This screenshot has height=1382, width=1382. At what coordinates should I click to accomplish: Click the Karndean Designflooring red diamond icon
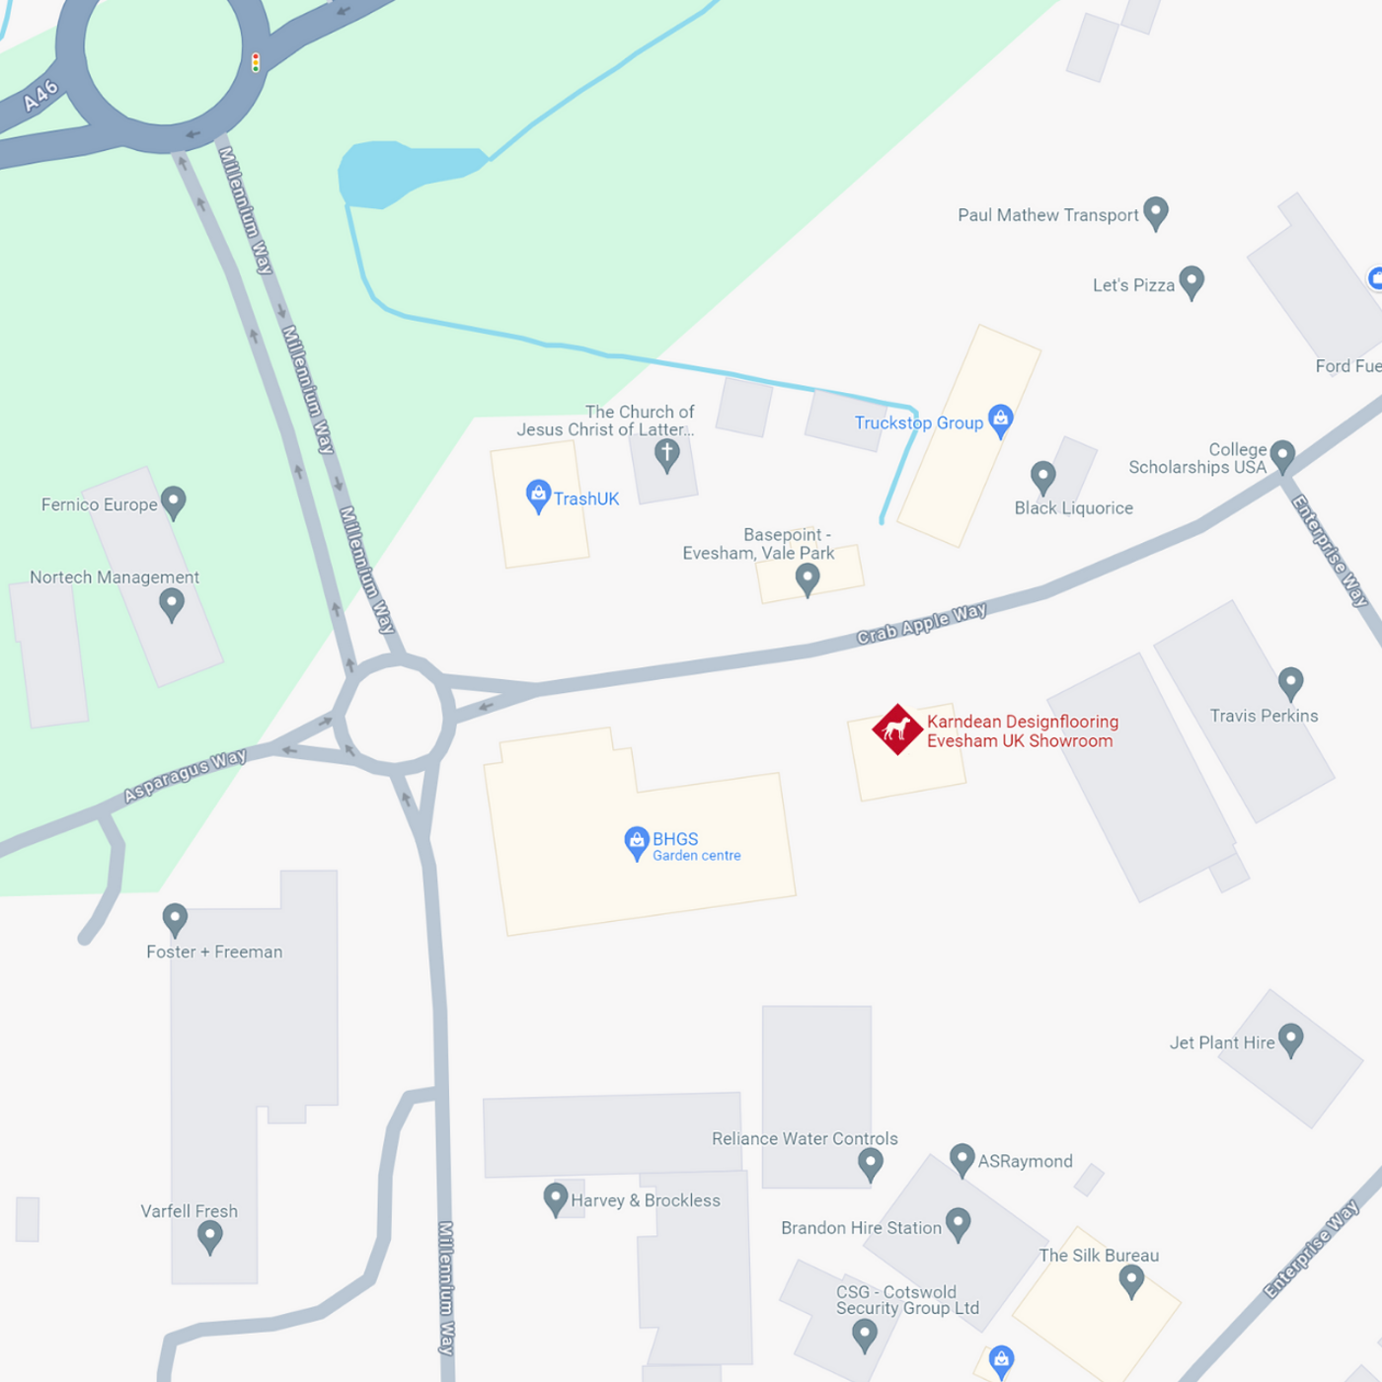coord(896,729)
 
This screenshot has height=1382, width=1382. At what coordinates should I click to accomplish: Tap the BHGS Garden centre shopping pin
coord(637,842)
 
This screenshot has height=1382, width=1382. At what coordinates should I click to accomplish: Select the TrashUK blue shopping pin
coord(538,495)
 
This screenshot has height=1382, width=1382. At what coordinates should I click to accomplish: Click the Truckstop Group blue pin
coord(1000,419)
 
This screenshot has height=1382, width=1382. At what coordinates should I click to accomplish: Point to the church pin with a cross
coord(667,454)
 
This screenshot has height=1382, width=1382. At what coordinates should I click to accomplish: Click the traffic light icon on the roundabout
coord(256,62)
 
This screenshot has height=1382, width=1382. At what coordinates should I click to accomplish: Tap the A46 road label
coord(41,96)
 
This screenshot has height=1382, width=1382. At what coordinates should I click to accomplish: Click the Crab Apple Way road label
coord(921,624)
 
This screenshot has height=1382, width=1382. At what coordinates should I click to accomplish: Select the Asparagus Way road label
coord(185,775)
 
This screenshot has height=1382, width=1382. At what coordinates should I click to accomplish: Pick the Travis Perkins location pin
coord(1290,681)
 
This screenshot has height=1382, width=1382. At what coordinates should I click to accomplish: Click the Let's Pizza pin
coord(1191,281)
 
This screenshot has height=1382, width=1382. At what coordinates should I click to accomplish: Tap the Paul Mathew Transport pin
coord(1155,211)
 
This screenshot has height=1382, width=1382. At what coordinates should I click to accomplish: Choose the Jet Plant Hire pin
coord(1290,1038)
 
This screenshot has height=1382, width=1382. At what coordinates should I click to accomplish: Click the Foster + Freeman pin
coord(175,918)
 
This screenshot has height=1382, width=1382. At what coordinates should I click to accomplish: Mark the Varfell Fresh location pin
coord(209,1235)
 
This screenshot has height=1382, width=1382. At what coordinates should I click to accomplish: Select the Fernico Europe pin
coord(173,500)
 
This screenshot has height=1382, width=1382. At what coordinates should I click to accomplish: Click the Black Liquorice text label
coord(1073,508)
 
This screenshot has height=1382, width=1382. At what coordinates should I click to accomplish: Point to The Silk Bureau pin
coord(1131,1280)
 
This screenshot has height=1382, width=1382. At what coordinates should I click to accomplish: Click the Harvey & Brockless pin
coord(556,1198)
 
